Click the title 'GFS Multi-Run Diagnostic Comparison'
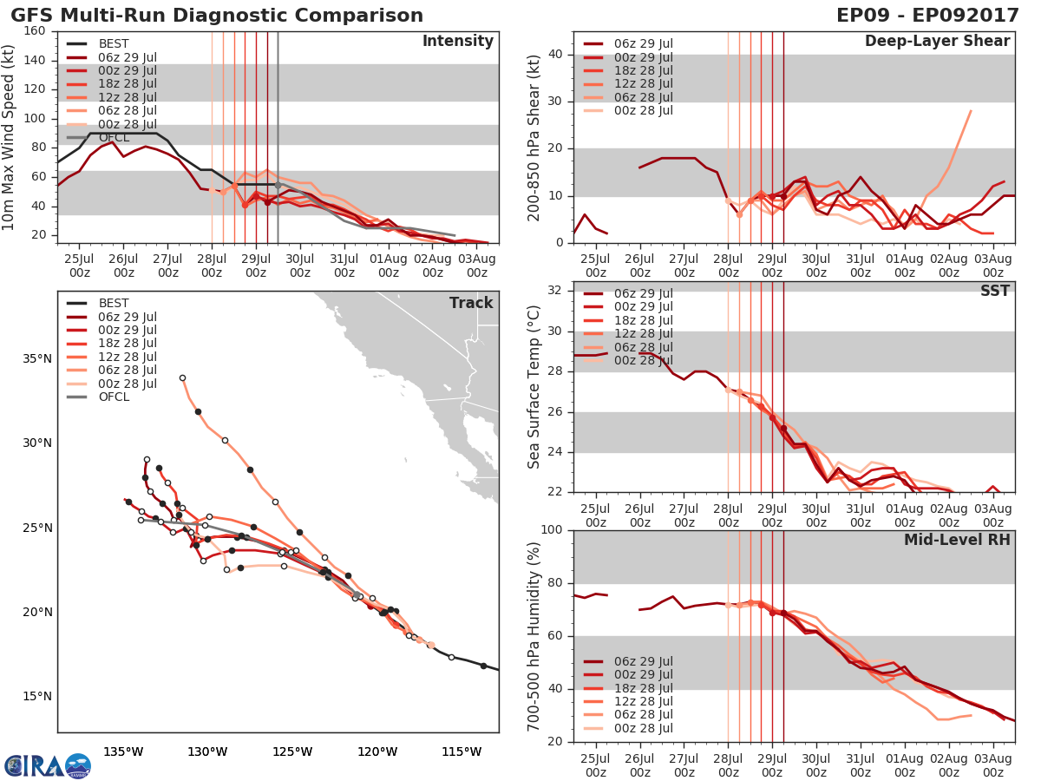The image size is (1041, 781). coord(217,16)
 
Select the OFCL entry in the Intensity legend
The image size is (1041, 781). coord(114,138)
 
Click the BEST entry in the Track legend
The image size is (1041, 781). coord(114,303)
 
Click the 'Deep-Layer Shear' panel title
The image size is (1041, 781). coord(937,42)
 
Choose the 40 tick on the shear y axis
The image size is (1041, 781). coord(556,55)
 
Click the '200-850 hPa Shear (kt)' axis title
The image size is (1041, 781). coord(534,137)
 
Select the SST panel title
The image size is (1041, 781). coord(994,291)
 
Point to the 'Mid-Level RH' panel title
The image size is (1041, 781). coord(957,540)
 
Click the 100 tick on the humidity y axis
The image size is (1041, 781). coord(552,530)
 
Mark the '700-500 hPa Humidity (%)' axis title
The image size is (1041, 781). coord(534,635)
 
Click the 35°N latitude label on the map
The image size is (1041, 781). coord(36,358)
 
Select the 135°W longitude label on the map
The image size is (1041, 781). coord(123,751)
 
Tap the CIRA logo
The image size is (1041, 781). coord(47,765)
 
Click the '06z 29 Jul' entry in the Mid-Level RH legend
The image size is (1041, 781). coord(642,661)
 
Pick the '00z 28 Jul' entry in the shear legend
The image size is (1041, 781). coord(642,110)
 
